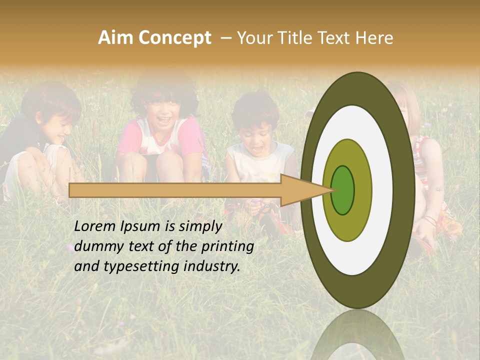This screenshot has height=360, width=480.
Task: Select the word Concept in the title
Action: tap(173, 38)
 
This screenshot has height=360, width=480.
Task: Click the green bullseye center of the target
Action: tap(342, 190)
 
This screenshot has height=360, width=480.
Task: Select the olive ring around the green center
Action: tap(362, 190)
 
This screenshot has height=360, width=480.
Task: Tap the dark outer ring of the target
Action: tap(404, 190)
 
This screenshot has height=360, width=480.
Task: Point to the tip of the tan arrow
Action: tap(332, 190)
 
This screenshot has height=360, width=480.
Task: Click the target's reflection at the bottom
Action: tap(357, 337)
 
